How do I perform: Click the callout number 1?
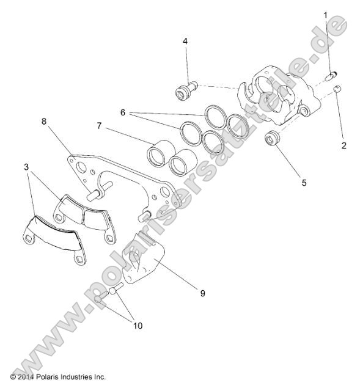(326, 14)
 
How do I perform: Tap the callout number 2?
(344, 145)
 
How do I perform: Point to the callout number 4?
(185, 42)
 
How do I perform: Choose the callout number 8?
(44, 122)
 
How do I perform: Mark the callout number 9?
(202, 293)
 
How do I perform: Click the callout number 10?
(138, 326)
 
